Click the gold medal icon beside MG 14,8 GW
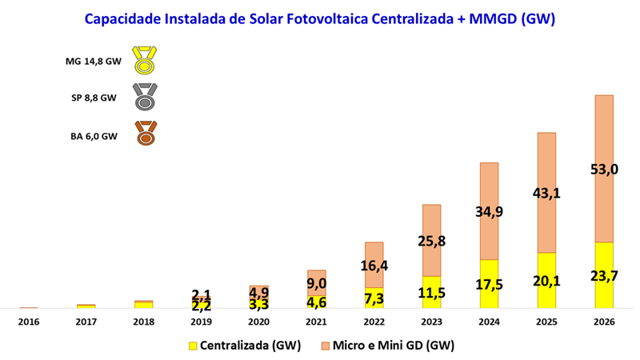[x=145, y=61]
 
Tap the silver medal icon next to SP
[x=145, y=97]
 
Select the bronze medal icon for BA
[x=146, y=133]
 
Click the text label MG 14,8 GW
[x=94, y=62]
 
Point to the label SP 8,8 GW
[x=94, y=98]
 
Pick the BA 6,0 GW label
[x=94, y=136]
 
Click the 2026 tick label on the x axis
[x=604, y=322]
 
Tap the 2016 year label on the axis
[x=29, y=322]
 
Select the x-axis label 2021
[x=316, y=322]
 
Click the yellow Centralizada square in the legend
[x=193, y=346]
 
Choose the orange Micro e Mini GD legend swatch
[x=326, y=346]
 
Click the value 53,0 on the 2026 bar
[x=604, y=169]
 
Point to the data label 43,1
[x=546, y=193]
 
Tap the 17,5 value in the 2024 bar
[x=489, y=285]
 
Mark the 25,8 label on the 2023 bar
[x=431, y=242]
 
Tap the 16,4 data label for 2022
[x=374, y=266]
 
